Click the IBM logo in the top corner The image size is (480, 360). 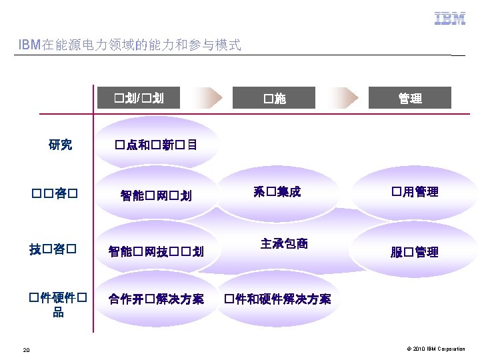tap(450, 19)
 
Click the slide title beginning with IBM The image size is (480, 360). tap(130, 45)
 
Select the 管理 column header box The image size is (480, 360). tap(410, 99)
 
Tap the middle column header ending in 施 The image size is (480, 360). tap(274, 99)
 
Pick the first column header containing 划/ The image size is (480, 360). tap(138, 99)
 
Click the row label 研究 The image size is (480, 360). tap(61, 144)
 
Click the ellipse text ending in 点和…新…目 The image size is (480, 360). tap(155, 144)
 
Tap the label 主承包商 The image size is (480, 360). tap(285, 243)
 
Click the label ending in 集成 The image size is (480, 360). tap(277, 192)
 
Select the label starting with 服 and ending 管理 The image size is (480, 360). tap(414, 252)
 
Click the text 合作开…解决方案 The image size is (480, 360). tap(157, 299)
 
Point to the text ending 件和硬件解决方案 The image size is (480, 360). tap(277, 299)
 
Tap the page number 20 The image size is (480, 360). tap(25, 349)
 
